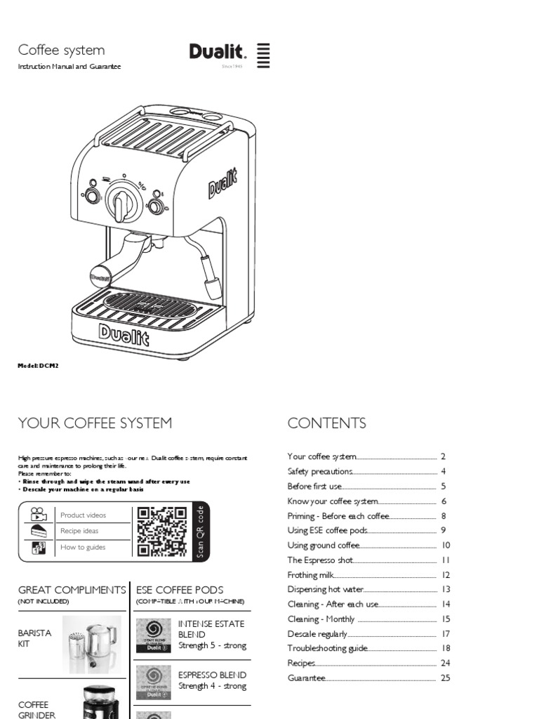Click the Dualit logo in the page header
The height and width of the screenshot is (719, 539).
(x=218, y=53)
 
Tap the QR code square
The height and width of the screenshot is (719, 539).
(x=162, y=532)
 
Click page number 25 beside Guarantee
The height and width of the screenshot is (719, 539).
(x=445, y=678)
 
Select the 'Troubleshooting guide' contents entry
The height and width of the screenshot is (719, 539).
(x=328, y=649)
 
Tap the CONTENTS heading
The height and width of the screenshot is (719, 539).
(x=326, y=423)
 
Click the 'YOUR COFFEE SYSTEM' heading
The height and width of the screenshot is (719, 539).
(x=95, y=423)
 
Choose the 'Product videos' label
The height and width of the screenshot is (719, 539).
(x=84, y=515)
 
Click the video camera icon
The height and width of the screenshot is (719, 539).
(x=38, y=514)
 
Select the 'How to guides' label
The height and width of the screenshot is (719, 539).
(x=83, y=548)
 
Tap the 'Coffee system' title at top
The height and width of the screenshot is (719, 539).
(x=61, y=50)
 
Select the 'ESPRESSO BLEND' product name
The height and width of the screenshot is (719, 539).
(x=212, y=675)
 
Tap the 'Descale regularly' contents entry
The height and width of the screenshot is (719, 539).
(x=317, y=634)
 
